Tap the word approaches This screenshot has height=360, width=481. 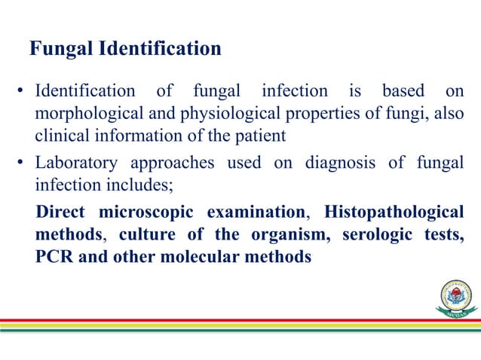(x=164, y=163)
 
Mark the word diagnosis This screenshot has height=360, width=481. (x=339, y=163)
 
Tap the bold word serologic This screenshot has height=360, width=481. (x=376, y=235)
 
